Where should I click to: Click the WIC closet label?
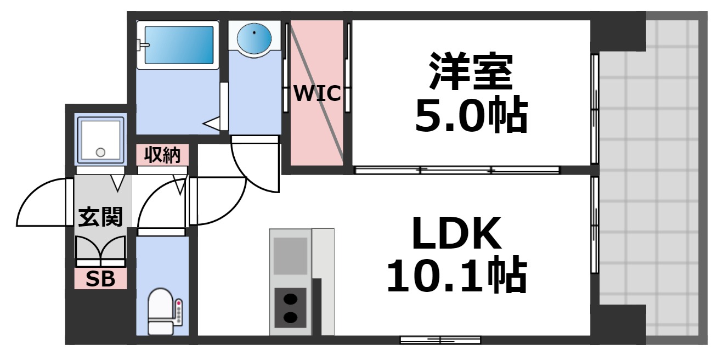click(318, 94)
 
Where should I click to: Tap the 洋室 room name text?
click(470, 72)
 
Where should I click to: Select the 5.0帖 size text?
click(470, 116)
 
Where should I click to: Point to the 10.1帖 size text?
click(456, 276)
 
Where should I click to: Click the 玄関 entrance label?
click(100, 218)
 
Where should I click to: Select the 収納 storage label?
click(162, 155)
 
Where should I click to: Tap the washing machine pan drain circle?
click(100, 152)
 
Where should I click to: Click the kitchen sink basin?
click(290, 256)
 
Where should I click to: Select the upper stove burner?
click(290, 299)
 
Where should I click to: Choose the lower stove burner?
click(290, 317)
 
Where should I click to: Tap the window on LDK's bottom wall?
click(440, 340)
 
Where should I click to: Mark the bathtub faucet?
click(143, 44)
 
